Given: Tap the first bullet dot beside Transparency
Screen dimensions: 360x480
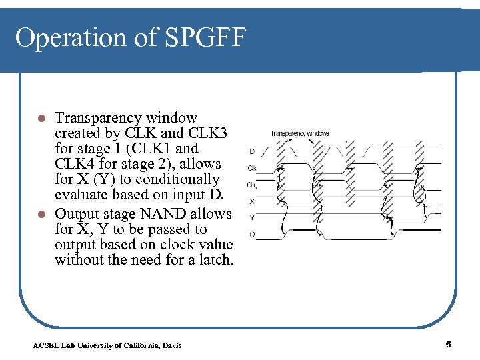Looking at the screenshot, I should coord(41,119).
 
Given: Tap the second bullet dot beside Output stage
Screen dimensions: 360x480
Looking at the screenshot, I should coord(41,215).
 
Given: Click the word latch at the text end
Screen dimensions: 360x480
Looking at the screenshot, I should coord(215,259).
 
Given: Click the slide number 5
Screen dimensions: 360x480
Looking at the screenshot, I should coord(448,344).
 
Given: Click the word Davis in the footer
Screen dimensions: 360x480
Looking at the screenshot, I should coord(169,345).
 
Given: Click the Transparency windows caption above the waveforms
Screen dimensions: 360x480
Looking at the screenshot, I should coord(300,133).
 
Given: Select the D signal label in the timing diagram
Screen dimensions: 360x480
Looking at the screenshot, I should coord(251,151).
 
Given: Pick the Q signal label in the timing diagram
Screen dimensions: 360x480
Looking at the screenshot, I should coord(251,233).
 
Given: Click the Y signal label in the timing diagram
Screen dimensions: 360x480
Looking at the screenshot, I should coord(251,217).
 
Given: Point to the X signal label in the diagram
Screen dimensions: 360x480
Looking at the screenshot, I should coord(251,201).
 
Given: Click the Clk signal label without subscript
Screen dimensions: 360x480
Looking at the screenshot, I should coord(252,167).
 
